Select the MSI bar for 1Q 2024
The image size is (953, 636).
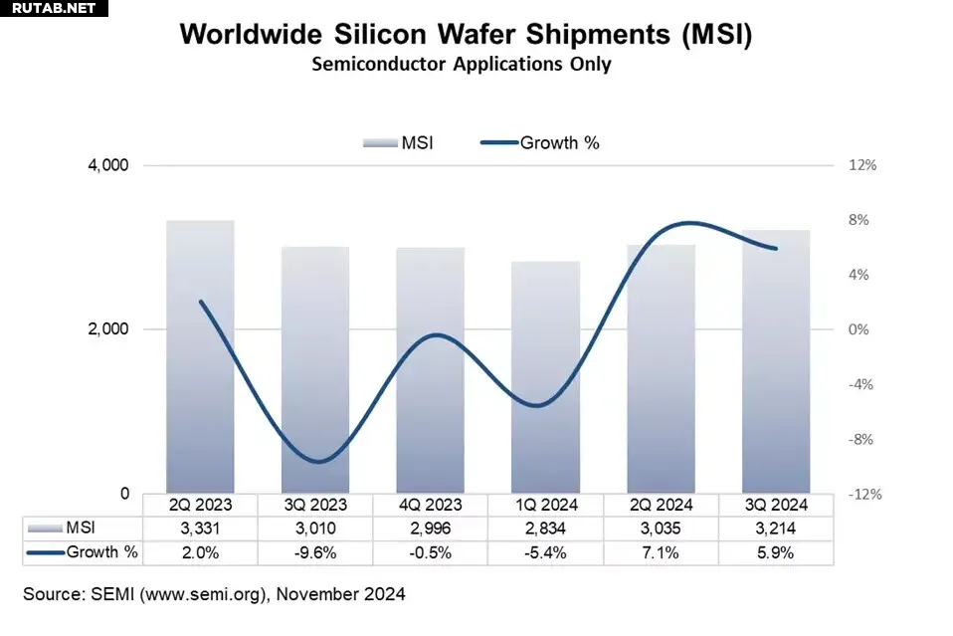(545, 378)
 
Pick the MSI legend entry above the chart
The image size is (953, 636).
(398, 142)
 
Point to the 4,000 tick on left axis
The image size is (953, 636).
(110, 165)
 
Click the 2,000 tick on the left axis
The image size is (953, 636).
(110, 329)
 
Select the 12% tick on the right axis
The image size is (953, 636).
(862, 165)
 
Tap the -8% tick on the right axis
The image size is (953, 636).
(862, 439)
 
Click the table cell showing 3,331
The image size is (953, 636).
(200, 529)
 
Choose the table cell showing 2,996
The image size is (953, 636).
(431, 529)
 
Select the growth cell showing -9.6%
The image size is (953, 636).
(315, 552)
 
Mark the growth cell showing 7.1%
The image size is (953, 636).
(661, 552)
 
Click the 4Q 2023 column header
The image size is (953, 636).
(431, 505)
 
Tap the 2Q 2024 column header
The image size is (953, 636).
(661, 505)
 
